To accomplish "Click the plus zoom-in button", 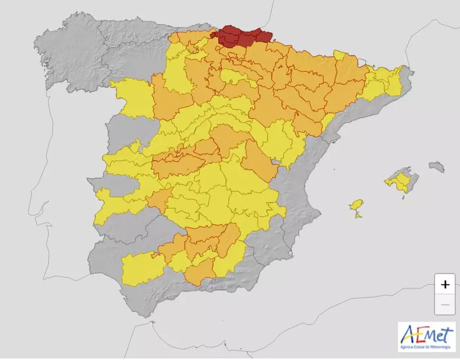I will tap(445, 284).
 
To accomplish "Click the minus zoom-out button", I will tap(445, 305).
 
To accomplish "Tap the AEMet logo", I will tap(427, 337).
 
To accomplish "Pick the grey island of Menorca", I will tap(436, 167).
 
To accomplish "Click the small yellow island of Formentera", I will tap(359, 215).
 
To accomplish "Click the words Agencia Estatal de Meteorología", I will tap(427, 347).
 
